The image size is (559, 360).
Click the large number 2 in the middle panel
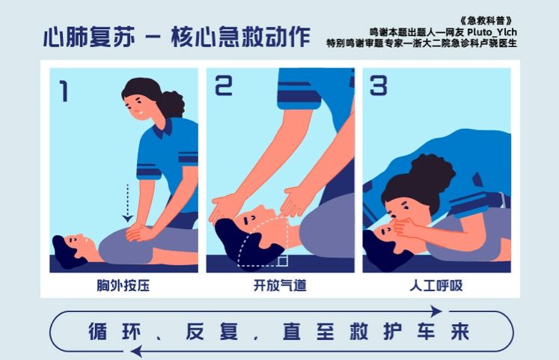click(x=223, y=88)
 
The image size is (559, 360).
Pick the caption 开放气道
click(x=280, y=285)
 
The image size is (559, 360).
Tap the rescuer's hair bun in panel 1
click(x=172, y=103)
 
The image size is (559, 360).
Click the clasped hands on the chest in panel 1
click(x=138, y=232)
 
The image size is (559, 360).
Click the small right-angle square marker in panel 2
click(x=282, y=260)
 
